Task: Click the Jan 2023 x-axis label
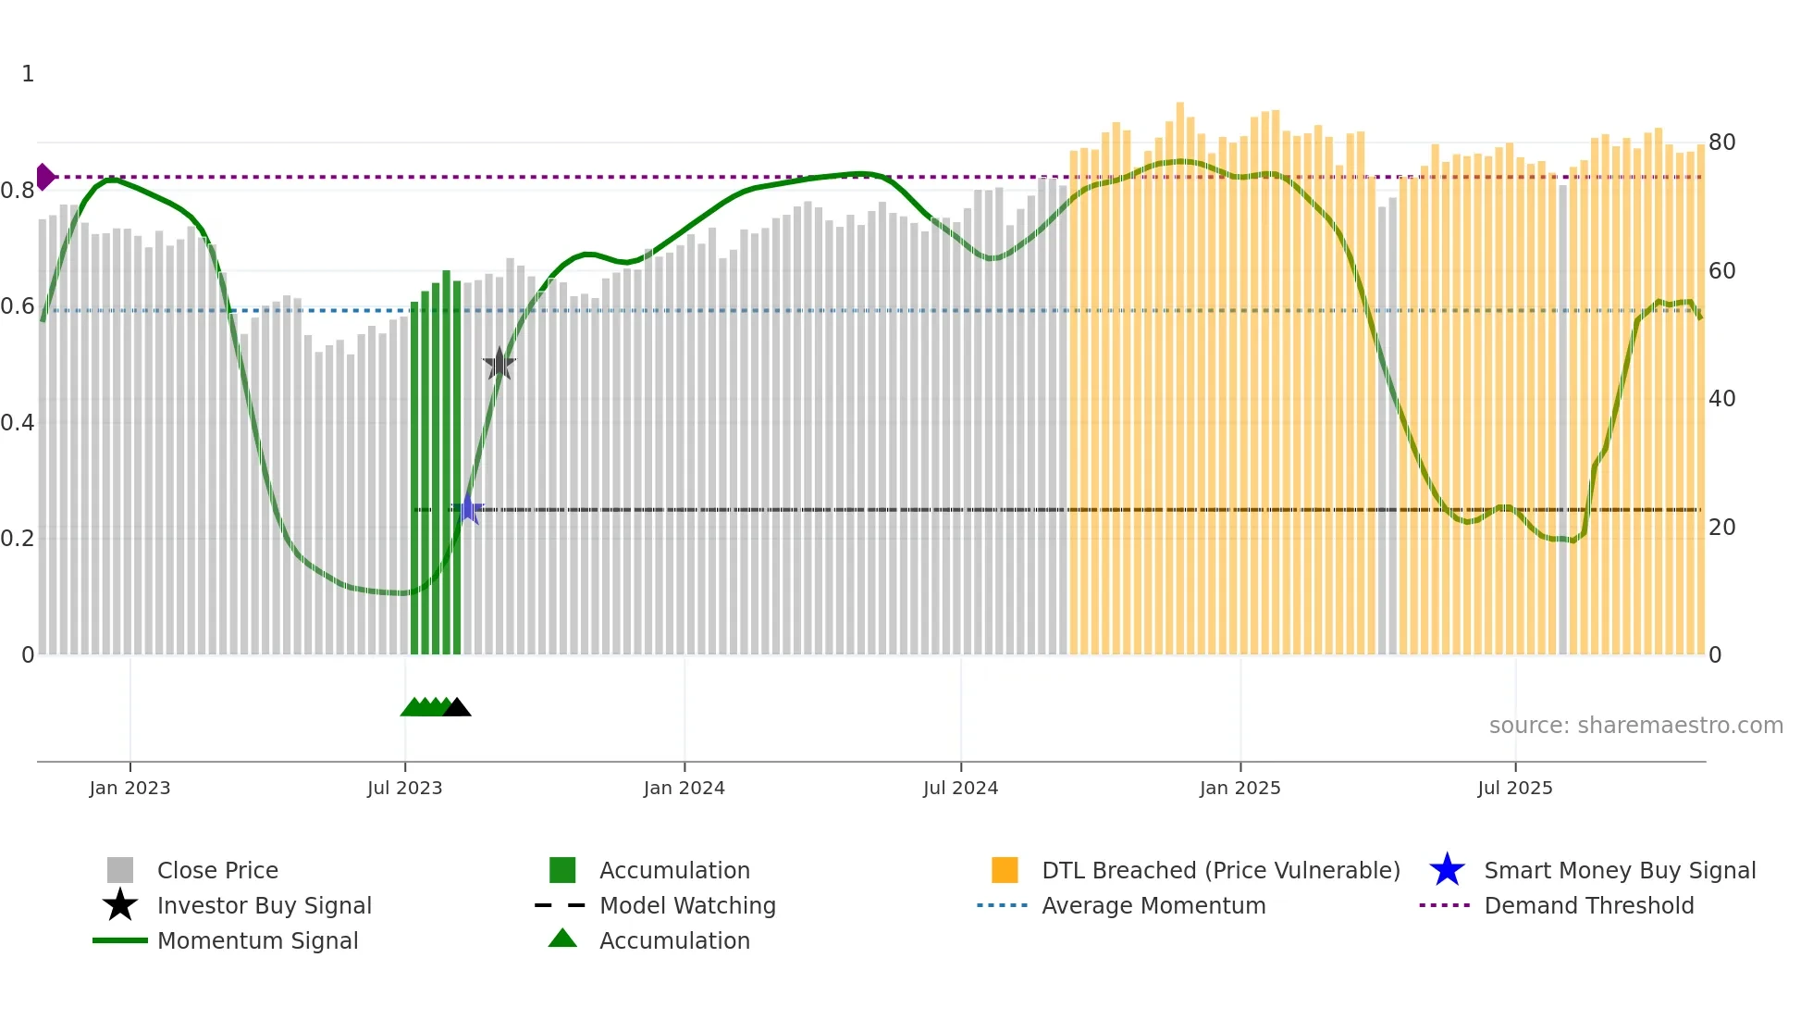click(x=129, y=788)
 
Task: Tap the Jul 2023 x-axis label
click(x=404, y=788)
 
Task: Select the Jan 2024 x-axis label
click(x=684, y=788)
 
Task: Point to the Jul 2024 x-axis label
click(x=960, y=788)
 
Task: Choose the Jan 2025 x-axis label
click(x=1239, y=788)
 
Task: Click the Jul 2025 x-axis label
click(x=1514, y=788)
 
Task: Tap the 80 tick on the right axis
click(x=1721, y=143)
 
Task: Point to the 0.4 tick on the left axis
click(x=18, y=423)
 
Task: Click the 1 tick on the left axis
click(x=28, y=74)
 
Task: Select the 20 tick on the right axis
click(x=1721, y=528)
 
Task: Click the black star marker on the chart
click(x=499, y=364)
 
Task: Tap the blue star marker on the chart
click(x=468, y=509)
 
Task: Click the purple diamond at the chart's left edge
click(x=44, y=176)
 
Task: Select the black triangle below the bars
click(x=457, y=707)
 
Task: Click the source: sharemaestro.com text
click(x=1635, y=726)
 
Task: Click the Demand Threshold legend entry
click(x=1588, y=905)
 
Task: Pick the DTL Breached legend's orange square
click(x=1005, y=870)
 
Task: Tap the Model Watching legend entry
click(x=686, y=905)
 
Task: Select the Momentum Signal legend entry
click(x=257, y=940)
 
